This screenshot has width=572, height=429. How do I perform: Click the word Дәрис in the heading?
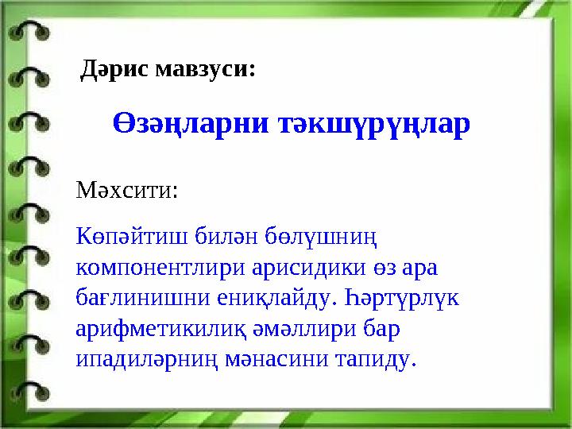pyautogui.click(x=115, y=69)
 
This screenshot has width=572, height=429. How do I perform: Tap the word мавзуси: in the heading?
pyautogui.click(x=206, y=68)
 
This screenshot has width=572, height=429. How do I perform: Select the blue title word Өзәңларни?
pyautogui.click(x=191, y=124)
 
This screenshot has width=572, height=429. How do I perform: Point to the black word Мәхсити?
pyautogui.click(x=127, y=190)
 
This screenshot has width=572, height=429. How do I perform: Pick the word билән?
pyautogui.click(x=226, y=236)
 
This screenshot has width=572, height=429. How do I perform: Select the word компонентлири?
pyautogui.click(x=160, y=269)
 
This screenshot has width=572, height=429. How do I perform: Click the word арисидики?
pyautogui.click(x=308, y=268)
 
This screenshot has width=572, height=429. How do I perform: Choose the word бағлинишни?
pyautogui.click(x=143, y=298)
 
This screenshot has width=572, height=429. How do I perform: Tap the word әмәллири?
pyautogui.click(x=303, y=329)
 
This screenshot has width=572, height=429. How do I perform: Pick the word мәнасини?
pyautogui.click(x=276, y=360)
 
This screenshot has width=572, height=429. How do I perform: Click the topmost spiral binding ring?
pyautogui.click(x=29, y=32)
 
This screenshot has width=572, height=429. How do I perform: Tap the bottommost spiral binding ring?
pyautogui.click(x=30, y=392)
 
